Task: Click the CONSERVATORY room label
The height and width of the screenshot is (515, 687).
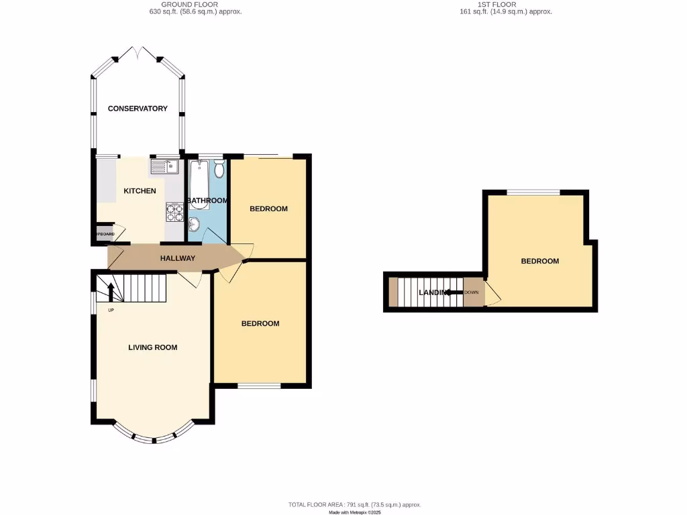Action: pos(138,109)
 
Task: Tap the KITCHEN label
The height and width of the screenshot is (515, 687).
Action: pos(140,191)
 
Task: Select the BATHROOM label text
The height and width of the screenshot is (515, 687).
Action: pos(207,201)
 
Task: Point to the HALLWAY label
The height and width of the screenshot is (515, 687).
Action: pos(178,258)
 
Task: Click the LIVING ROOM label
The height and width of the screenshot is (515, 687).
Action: pos(153,347)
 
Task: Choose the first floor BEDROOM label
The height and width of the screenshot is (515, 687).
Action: pos(540,261)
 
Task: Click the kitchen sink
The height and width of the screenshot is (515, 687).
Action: pos(164,166)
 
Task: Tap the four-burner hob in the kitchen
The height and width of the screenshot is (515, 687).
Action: pos(174,212)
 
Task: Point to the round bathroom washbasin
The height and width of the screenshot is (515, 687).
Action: pos(195,224)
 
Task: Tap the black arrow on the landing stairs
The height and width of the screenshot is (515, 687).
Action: pos(453,292)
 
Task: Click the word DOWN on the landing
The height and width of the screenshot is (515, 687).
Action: pos(472,292)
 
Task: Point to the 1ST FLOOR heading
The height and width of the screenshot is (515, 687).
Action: pos(497,5)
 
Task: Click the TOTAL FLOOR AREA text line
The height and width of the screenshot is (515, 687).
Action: pos(355,504)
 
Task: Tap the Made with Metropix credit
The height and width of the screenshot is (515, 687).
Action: pos(355,512)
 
